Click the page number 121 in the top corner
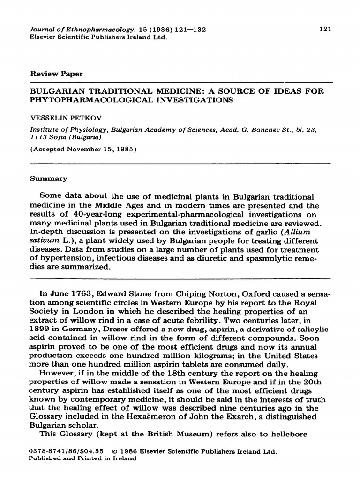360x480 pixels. pyautogui.click(x=325, y=29)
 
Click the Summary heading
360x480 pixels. pyautogui.click(x=49, y=179)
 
